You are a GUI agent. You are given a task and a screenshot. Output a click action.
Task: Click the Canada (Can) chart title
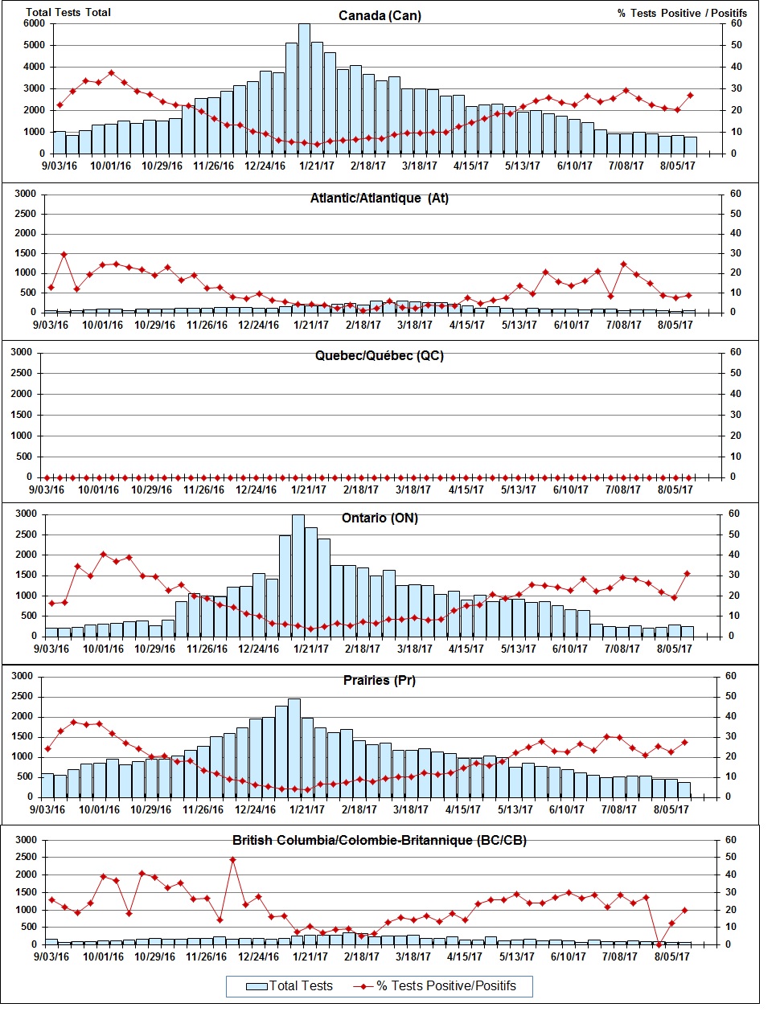pos(380,16)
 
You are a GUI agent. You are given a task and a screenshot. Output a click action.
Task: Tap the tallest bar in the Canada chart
pos(304,88)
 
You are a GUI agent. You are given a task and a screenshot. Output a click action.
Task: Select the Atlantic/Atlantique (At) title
pos(379,199)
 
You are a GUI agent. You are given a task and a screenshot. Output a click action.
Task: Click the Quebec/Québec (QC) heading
pos(379,356)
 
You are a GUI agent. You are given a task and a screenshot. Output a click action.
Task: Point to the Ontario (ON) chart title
pos(380,518)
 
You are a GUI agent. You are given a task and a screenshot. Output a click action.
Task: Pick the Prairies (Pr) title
pos(379,681)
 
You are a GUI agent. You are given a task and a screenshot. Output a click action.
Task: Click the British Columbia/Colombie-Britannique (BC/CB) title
pos(380,841)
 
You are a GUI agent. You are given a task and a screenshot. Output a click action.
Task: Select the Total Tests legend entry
pos(290,986)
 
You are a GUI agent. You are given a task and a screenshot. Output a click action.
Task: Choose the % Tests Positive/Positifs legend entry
pos(444,986)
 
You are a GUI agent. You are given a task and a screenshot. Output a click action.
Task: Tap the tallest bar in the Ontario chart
pos(298,575)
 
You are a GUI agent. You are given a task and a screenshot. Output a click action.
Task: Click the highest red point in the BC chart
pos(232,860)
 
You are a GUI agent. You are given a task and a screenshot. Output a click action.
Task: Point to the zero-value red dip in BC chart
pos(659,944)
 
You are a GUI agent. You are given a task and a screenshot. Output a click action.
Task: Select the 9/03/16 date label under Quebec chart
pos(47,489)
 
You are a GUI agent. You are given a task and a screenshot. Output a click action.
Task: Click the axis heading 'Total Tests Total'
pos(68,13)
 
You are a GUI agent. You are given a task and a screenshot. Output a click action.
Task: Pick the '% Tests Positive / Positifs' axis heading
pos(682,13)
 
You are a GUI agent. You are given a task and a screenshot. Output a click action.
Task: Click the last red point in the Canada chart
pos(690,96)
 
